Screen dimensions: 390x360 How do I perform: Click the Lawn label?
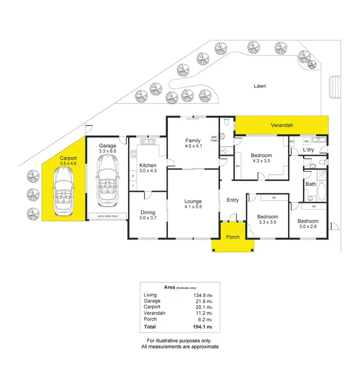(260, 86)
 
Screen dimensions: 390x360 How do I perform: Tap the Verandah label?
(282, 125)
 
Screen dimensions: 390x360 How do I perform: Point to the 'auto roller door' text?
(108, 216)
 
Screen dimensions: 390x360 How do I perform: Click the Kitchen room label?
(147, 165)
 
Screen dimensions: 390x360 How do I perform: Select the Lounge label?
(192, 201)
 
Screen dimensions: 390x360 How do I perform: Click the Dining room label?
(147, 213)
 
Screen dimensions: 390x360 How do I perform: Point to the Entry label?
(232, 200)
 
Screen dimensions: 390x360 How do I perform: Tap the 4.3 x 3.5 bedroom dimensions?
(262, 161)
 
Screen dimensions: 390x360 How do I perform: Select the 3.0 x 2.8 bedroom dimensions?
(308, 226)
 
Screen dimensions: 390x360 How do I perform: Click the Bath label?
(311, 184)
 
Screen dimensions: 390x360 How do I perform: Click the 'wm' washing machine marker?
(306, 141)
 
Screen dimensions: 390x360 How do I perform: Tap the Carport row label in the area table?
(152, 307)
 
